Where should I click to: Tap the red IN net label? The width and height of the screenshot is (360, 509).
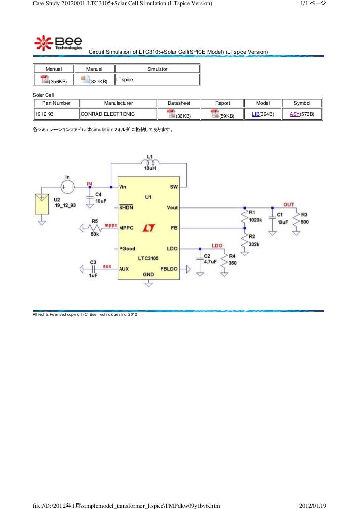click(x=90, y=183)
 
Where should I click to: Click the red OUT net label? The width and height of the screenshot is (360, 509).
click(x=288, y=204)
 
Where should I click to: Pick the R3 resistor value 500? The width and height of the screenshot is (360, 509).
click(x=305, y=222)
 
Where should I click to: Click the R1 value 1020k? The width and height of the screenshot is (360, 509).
click(x=255, y=220)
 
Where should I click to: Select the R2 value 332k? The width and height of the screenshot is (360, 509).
click(x=254, y=244)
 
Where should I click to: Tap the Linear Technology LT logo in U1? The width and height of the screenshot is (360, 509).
click(x=148, y=228)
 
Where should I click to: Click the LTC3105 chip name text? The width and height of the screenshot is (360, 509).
click(x=148, y=259)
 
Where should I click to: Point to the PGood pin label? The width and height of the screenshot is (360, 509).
click(x=127, y=248)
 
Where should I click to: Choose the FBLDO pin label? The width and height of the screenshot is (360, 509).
click(x=169, y=269)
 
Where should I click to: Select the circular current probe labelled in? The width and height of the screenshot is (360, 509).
click(x=67, y=187)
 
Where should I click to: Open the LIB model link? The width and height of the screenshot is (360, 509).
click(x=256, y=114)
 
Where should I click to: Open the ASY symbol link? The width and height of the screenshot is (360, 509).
click(x=294, y=114)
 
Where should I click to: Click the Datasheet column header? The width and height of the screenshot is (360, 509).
click(x=179, y=103)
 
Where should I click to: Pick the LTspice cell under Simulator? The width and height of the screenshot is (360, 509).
click(x=124, y=79)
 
